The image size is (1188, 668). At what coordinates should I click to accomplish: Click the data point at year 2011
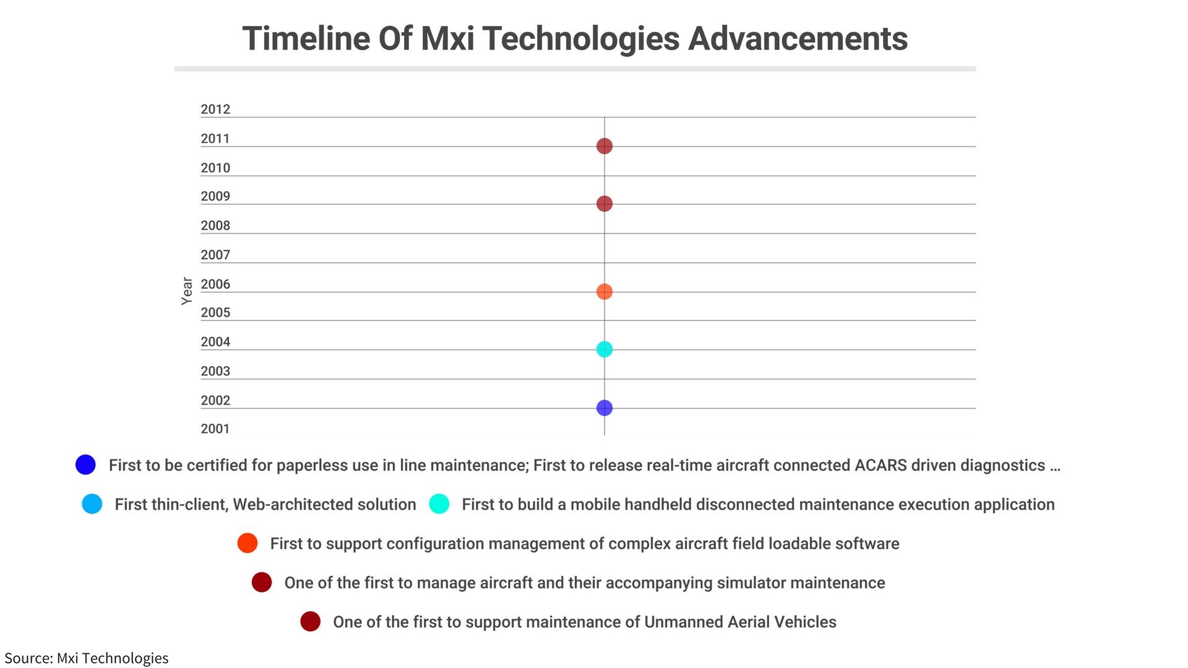click(605, 146)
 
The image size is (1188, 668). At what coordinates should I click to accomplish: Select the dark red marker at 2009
click(605, 203)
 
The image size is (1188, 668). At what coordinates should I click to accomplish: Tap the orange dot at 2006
click(605, 291)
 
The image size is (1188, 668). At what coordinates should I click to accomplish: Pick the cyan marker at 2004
click(605, 349)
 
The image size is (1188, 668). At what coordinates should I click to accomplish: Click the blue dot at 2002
click(605, 408)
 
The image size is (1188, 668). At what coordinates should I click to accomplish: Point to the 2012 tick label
click(215, 109)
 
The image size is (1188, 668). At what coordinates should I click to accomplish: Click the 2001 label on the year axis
click(215, 429)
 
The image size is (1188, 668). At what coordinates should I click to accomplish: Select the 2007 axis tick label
click(215, 255)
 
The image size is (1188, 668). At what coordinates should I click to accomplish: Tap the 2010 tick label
click(215, 168)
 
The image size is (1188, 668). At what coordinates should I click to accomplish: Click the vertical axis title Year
click(187, 291)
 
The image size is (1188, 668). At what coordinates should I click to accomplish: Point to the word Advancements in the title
click(798, 38)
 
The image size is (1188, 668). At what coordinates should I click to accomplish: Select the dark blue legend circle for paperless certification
click(85, 465)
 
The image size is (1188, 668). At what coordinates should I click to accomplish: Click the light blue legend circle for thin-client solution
click(92, 504)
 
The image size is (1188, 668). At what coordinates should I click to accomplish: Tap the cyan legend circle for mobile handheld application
click(439, 504)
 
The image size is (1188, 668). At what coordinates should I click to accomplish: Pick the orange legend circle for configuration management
click(247, 543)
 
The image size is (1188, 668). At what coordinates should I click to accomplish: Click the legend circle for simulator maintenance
click(262, 582)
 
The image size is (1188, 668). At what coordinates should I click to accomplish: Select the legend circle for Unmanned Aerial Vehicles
click(311, 622)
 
